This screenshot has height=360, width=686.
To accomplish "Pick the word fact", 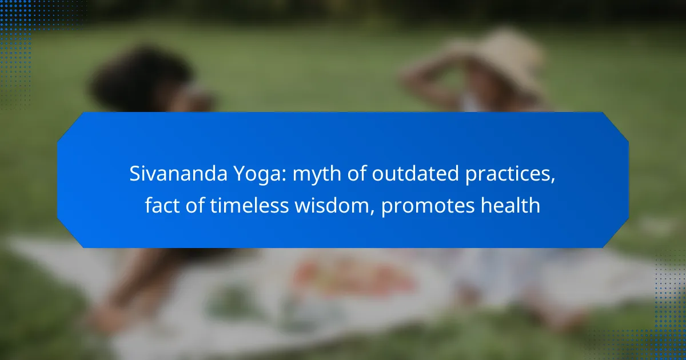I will click(x=163, y=205).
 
